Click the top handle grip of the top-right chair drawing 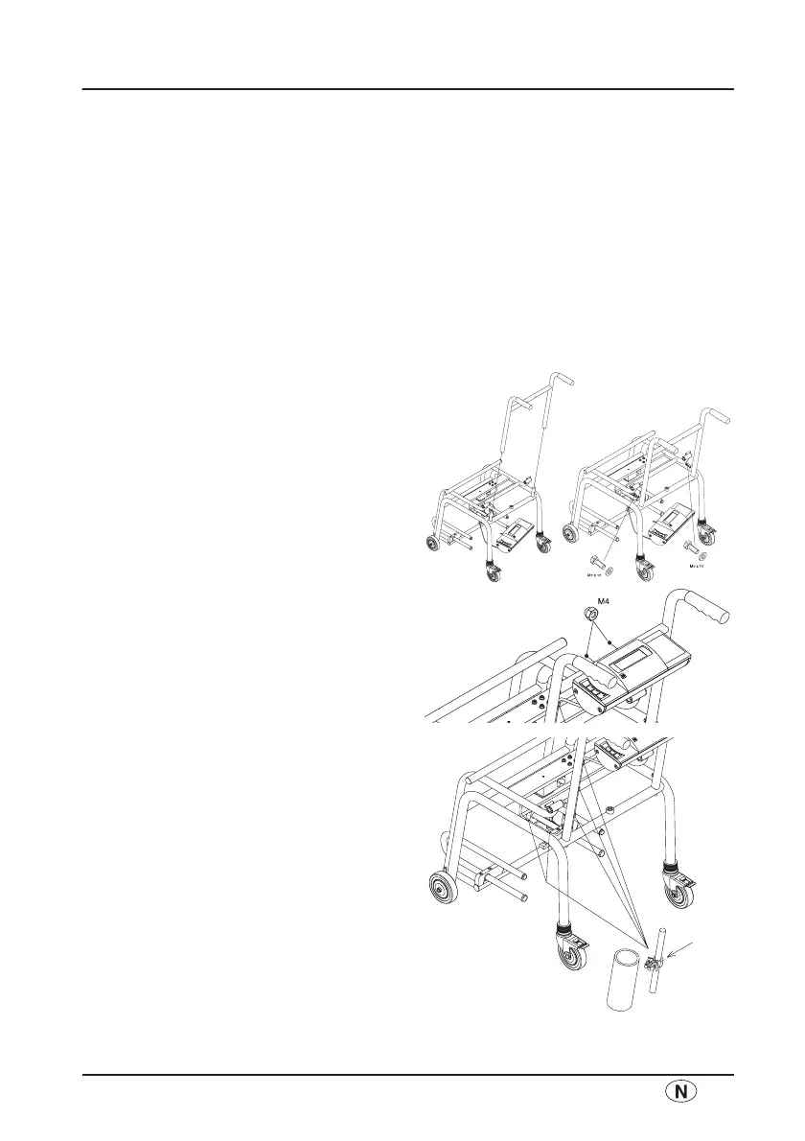click(720, 417)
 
